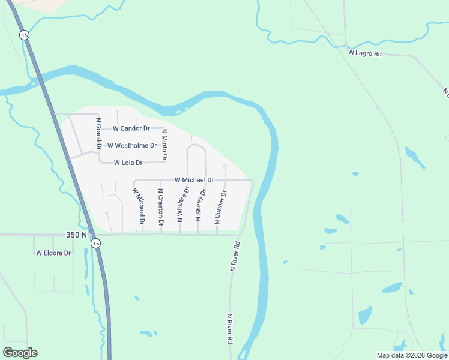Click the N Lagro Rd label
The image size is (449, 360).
(x=366, y=53)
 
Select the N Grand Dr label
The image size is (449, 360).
(x=98, y=133)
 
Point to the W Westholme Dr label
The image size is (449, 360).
(x=132, y=145)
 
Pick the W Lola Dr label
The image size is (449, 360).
(x=128, y=163)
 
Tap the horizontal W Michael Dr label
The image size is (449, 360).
(x=194, y=180)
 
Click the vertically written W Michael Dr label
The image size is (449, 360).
(x=139, y=206)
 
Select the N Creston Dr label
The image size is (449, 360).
(x=161, y=207)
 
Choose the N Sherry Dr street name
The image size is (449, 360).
(x=200, y=205)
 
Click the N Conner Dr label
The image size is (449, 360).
(x=220, y=208)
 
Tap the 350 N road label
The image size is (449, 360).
(x=76, y=235)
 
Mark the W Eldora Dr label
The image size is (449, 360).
(x=53, y=253)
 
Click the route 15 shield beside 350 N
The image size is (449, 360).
(x=95, y=243)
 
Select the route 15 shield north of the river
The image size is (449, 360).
(x=23, y=35)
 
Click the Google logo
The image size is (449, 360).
(x=20, y=353)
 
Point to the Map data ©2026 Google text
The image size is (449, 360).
(x=411, y=355)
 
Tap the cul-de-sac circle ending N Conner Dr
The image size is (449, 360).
(x=224, y=166)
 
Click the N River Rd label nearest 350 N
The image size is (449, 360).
(x=235, y=257)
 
